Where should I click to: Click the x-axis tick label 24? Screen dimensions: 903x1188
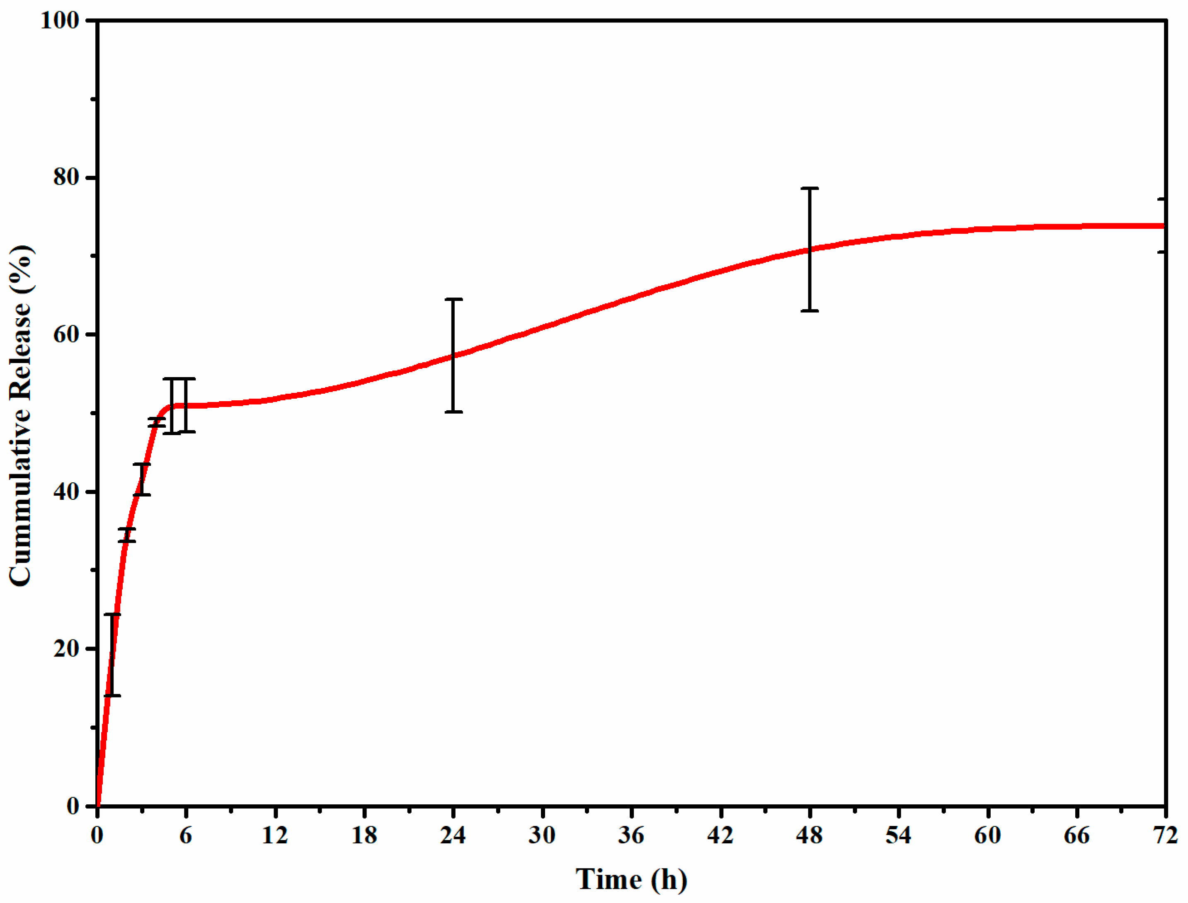453,836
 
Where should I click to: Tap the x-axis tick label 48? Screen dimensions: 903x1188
809,836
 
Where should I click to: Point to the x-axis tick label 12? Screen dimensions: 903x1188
275,836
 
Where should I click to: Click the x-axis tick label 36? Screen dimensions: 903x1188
630,836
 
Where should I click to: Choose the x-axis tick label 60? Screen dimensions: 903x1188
987,836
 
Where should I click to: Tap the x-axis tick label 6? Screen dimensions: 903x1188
185,836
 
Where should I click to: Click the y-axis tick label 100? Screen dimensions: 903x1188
60,21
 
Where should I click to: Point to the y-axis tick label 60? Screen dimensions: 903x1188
66,334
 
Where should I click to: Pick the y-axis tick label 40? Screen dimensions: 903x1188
66,492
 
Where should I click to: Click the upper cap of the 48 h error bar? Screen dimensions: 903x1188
810,189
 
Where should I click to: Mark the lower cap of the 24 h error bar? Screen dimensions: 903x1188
454,412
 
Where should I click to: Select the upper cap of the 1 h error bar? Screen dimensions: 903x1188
112,614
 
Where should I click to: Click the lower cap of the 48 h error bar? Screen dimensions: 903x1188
810,311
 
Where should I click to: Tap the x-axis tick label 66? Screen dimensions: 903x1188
1076,836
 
